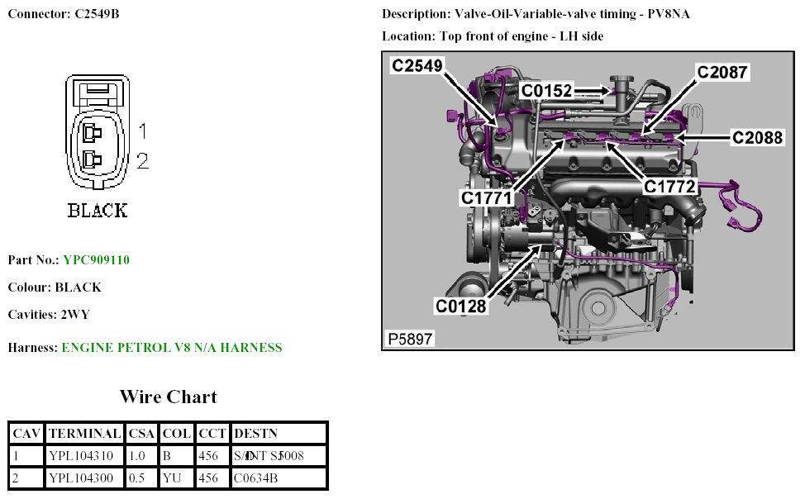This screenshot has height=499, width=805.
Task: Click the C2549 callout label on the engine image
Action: pyautogui.click(x=417, y=66)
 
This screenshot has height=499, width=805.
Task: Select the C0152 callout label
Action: pyautogui.click(x=546, y=90)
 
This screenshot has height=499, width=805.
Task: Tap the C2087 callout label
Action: pyautogui.click(x=722, y=73)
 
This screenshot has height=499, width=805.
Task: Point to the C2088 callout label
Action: pyautogui.click(x=757, y=138)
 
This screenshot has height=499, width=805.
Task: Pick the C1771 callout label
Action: pyautogui.click(x=487, y=197)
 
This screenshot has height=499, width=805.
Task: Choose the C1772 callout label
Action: pyautogui.click(x=669, y=187)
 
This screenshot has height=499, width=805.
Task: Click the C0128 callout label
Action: pyautogui.click(x=461, y=307)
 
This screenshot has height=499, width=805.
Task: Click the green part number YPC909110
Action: pyautogui.click(x=96, y=260)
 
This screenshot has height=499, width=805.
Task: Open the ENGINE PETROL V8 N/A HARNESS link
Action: pyautogui.click(x=172, y=348)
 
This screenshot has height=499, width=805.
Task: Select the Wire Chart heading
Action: pyautogui.click(x=168, y=397)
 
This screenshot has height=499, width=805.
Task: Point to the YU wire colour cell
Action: pyautogui.click(x=172, y=478)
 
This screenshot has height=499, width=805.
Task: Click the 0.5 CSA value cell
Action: pyautogui.click(x=137, y=478)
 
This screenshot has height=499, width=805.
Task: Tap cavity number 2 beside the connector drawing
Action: pyautogui.click(x=142, y=161)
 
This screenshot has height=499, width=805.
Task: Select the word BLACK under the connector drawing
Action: pyautogui.click(x=98, y=211)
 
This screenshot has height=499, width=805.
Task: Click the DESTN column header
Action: pyautogui.click(x=256, y=433)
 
